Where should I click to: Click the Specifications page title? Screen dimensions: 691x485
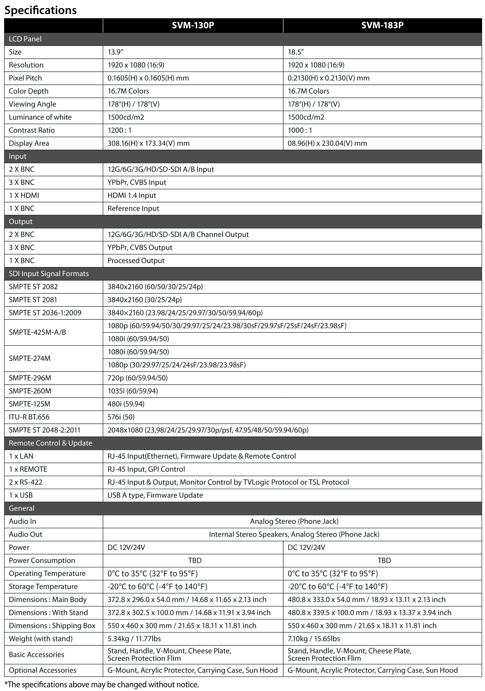pyautogui.click(x=41, y=10)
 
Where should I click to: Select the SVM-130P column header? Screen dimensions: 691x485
pyautogui.click(x=193, y=25)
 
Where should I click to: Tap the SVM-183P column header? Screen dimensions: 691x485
pyautogui.click(x=382, y=25)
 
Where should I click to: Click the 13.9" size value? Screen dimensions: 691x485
pyautogui.click(x=115, y=52)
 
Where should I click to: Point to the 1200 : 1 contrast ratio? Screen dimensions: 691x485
pyautogui.click(x=119, y=130)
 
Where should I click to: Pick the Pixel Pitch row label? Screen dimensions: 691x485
pyautogui.click(x=25, y=78)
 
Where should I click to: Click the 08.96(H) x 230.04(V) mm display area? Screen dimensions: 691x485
pyautogui.click(x=327, y=143)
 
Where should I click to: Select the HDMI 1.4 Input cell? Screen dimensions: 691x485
pyautogui.click(x=132, y=196)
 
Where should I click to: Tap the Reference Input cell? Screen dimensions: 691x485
pyautogui.click(x=133, y=208)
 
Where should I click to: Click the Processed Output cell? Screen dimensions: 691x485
pyautogui.click(x=136, y=261)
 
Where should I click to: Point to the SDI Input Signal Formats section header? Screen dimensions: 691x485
pyautogui.click(x=49, y=274)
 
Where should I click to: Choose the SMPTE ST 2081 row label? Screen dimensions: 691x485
pyautogui.click(x=33, y=300)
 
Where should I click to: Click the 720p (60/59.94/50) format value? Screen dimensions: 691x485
pyautogui.click(x=137, y=378)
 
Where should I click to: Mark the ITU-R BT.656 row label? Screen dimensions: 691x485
pyautogui.click(x=29, y=417)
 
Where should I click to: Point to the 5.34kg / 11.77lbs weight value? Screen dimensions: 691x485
pyautogui.click(x=134, y=639)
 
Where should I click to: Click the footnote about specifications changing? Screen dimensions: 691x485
pyautogui.click(x=102, y=685)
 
